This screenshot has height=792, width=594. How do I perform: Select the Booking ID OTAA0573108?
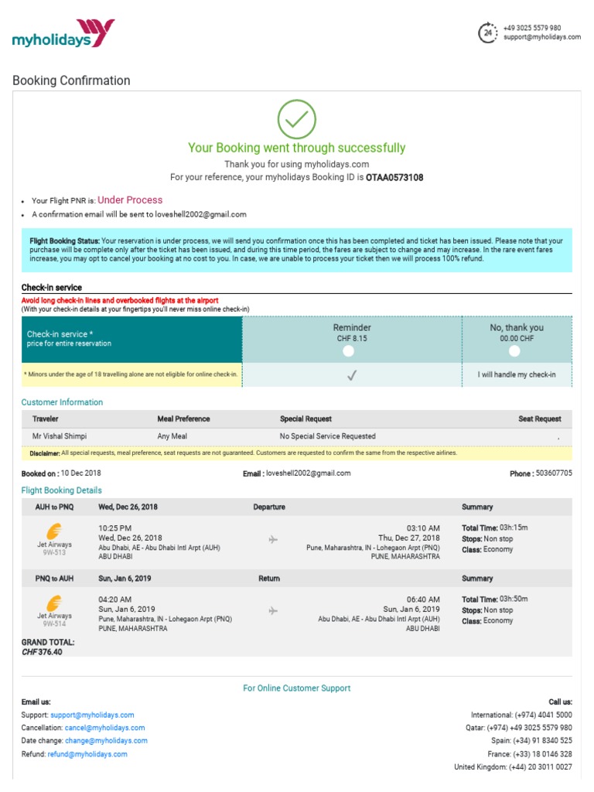click(x=394, y=177)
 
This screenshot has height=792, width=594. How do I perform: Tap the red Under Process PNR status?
click(x=130, y=200)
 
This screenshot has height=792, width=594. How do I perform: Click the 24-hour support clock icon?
click(x=488, y=32)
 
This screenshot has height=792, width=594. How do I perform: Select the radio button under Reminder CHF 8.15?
click(x=349, y=351)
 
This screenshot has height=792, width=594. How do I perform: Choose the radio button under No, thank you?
click(x=515, y=351)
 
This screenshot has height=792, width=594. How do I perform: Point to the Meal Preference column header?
click(x=183, y=418)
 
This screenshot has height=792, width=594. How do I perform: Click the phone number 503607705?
click(x=554, y=473)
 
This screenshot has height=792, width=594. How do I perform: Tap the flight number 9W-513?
click(x=53, y=553)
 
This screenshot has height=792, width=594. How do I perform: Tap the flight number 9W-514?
click(x=53, y=624)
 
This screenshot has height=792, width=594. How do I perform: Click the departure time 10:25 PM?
click(x=115, y=527)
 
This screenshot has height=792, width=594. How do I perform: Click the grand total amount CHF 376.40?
click(x=43, y=652)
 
